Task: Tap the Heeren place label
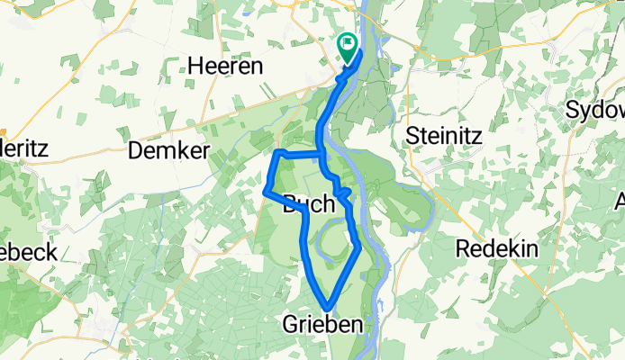pos(225,67)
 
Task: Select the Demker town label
pos(169,150)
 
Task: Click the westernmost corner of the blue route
pos(264,191)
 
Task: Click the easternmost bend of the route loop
pos(359,244)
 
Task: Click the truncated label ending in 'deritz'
pos(23,148)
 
